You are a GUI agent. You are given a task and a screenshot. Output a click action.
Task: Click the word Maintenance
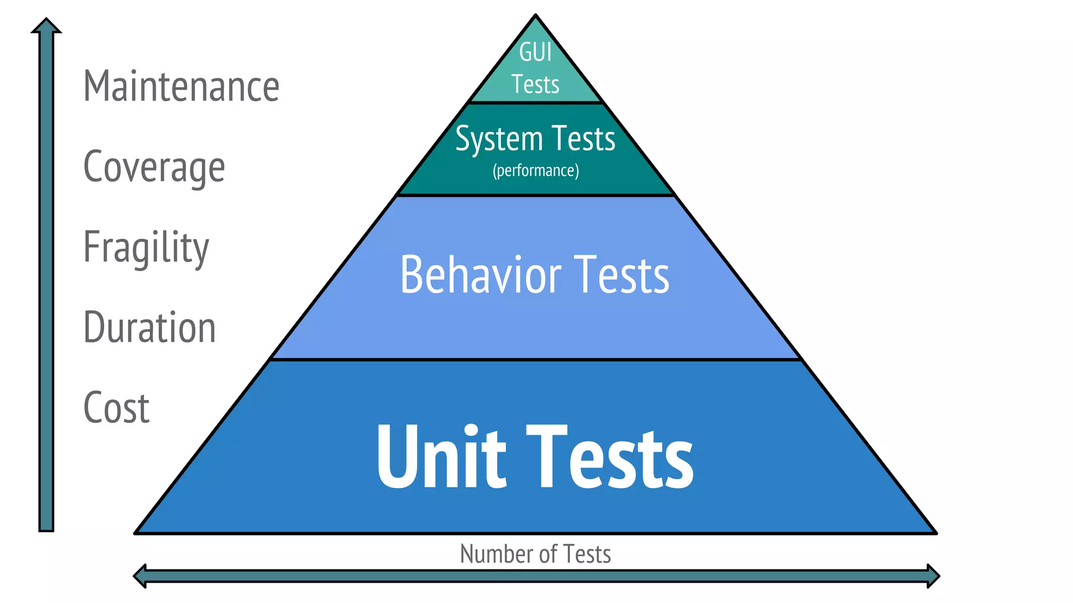(181, 86)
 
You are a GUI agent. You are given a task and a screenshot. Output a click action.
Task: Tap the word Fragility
(146, 248)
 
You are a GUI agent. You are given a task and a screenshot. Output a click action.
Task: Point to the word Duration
(149, 328)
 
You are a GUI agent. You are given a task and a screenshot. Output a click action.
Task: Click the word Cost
(116, 408)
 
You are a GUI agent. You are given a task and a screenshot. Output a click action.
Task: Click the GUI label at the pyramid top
(535, 52)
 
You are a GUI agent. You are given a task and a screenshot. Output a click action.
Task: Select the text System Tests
(535, 139)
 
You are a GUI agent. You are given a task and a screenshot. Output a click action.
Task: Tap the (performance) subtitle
(535, 171)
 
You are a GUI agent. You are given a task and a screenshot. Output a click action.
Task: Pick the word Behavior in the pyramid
(480, 275)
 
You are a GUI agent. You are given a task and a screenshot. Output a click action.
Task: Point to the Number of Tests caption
(535, 554)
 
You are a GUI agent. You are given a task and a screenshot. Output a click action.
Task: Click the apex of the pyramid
(535, 16)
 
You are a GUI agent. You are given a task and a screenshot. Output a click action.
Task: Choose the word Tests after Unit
(610, 457)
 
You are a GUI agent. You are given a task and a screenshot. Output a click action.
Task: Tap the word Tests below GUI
(535, 85)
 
